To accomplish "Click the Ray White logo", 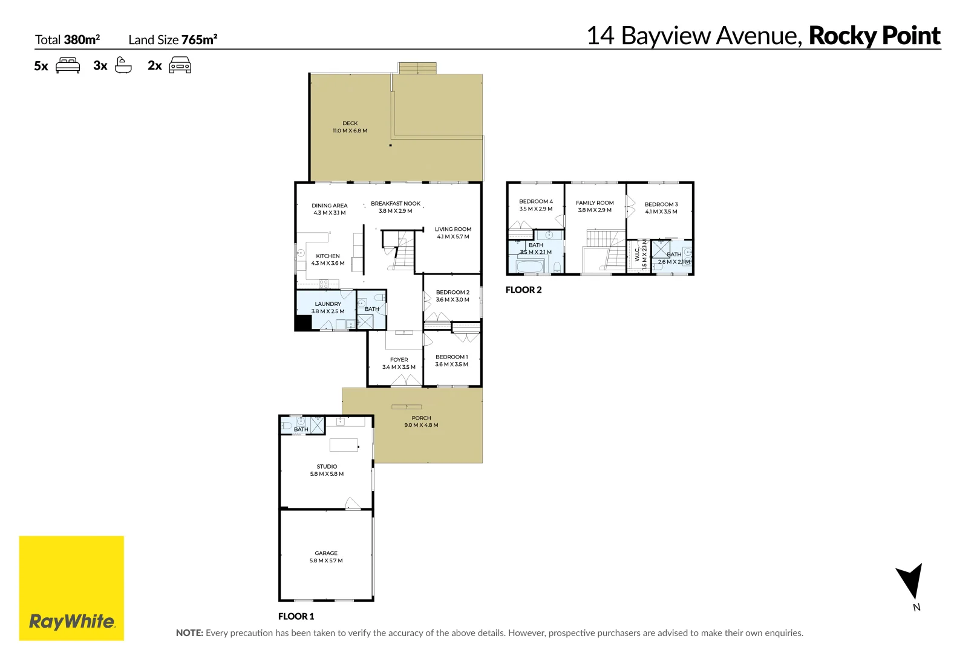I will tap(71, 588).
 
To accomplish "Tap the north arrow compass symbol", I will tap(910, 582).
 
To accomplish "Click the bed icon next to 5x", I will tap(68, 65).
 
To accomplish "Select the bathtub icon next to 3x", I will tap(123, 65).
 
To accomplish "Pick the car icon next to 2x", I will tap(180, 65).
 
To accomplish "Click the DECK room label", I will tap(350, 123).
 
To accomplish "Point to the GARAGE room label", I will tap(326, 553).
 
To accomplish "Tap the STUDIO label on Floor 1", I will tap(327, 466).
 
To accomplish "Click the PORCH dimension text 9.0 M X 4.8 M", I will tap(421, 425).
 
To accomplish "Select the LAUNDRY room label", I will tap(328, 304).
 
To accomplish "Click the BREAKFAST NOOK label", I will tap(396, 204).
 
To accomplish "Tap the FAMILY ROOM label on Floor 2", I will tap(595, 203).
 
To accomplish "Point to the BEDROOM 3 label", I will tap(661, 204).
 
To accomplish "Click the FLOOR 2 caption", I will tap(523, 290).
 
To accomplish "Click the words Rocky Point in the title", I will tap(874, 36).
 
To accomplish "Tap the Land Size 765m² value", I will tap(199, 40).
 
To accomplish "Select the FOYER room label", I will tap(399, 360).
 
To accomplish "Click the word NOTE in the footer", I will tap(189, 633).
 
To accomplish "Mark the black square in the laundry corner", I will tap(302, 323).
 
